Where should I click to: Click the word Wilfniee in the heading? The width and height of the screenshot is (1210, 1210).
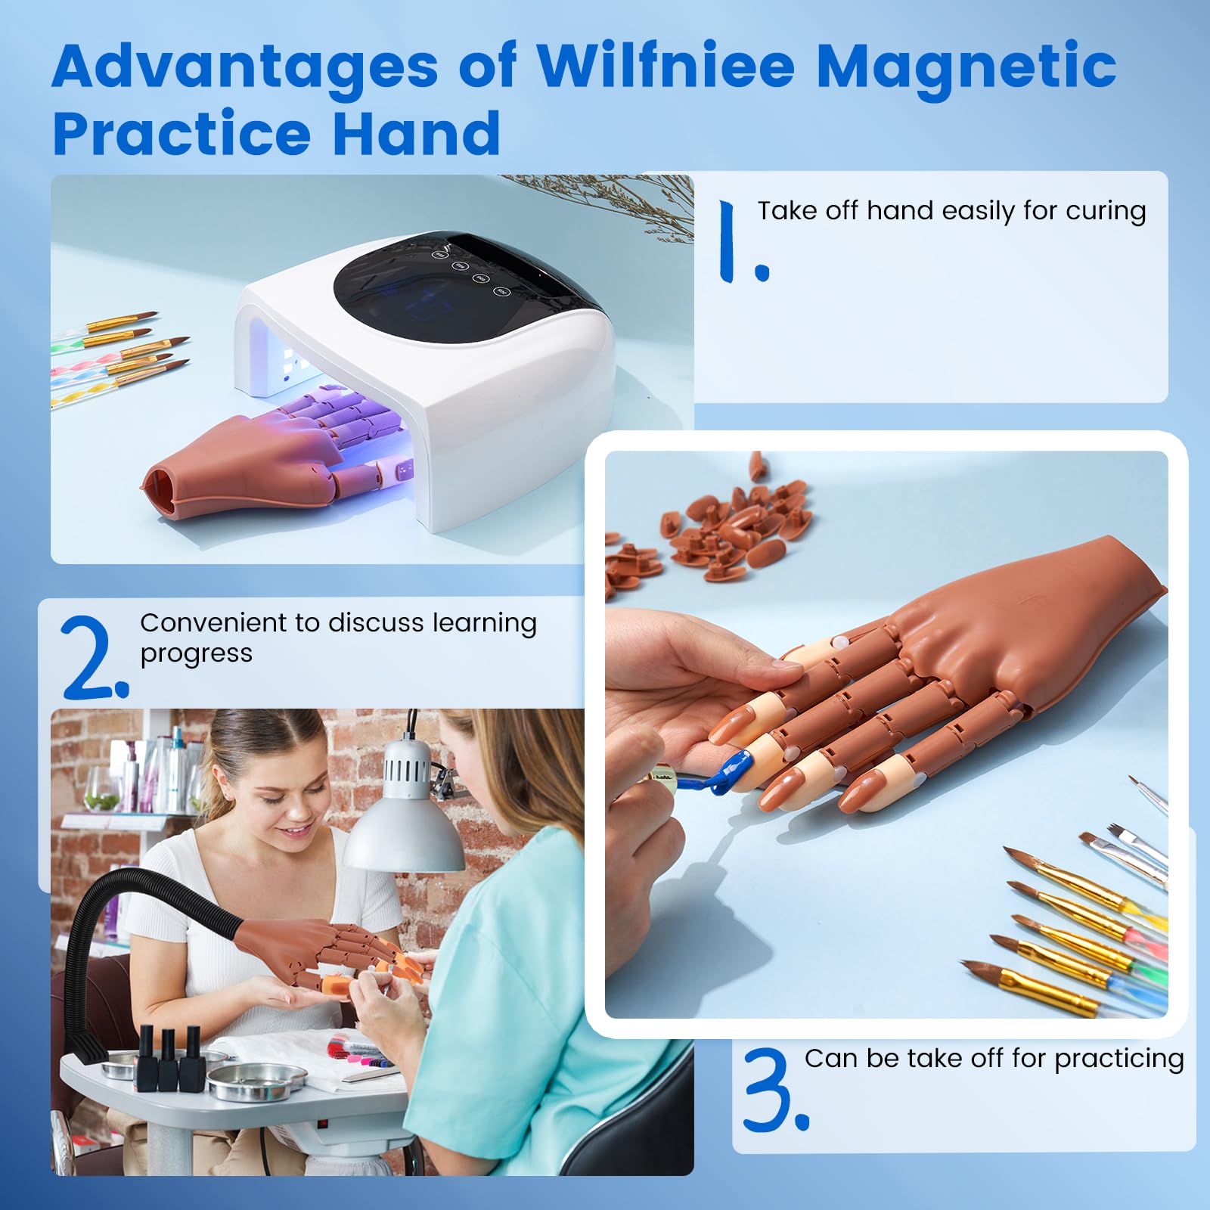coord(665,67)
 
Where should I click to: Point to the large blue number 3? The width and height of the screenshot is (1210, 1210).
coord(775,1089)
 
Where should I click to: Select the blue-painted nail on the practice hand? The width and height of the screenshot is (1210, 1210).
coord(732,772)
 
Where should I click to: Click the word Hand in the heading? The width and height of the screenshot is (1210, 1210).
coord(416,134)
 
